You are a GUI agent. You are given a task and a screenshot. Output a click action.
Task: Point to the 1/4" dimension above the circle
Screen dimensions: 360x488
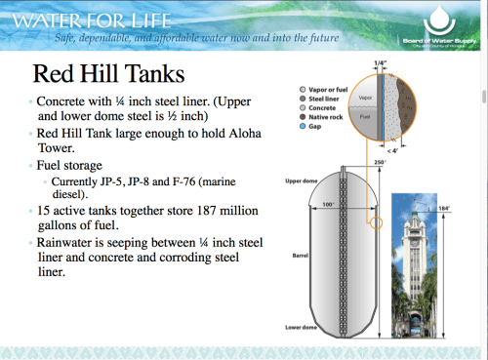tap(380, 63)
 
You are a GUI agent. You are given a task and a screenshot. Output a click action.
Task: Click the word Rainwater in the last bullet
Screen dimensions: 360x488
tap(71, 239)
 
